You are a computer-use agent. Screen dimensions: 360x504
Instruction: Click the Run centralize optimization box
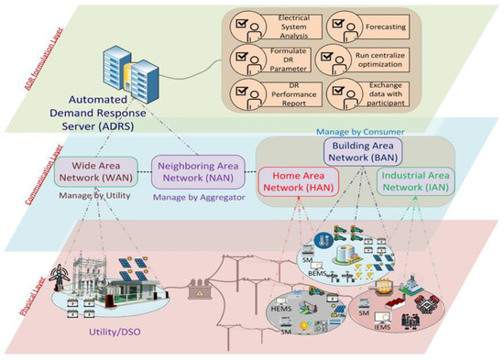point(364,57)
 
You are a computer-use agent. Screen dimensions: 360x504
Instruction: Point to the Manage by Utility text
point(97,195)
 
